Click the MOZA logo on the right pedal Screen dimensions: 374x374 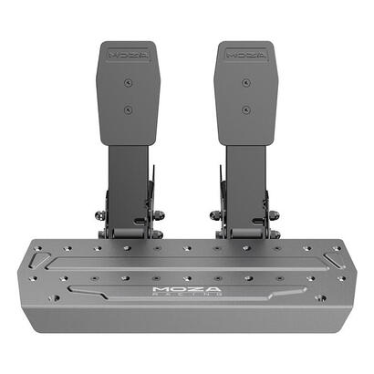click(244, 53)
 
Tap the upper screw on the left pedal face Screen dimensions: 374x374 click(128, 81)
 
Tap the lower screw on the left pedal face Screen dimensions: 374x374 click(128, 109)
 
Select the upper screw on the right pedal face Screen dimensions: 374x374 click(244, 81)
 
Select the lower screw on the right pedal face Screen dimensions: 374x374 click(244, 109)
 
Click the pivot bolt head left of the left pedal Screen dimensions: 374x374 click(99, 217)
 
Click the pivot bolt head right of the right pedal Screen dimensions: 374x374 click(274, 216)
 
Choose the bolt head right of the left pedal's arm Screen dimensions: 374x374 click(159, 216)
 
